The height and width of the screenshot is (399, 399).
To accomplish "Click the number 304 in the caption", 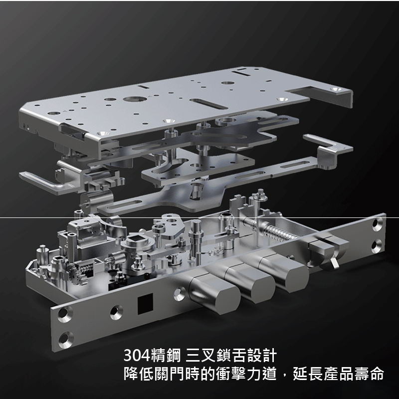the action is (x=137, y=355).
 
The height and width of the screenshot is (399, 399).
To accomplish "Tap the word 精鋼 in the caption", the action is (x=166, y=355).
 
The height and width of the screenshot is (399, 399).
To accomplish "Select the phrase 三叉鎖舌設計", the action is (x=231, y=355).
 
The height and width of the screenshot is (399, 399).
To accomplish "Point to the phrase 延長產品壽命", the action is (x=339, y=374).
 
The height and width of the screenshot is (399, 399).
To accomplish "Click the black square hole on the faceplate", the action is (x=145, y=303).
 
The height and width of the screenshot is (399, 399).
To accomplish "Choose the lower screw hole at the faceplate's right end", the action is (x=377, y=246).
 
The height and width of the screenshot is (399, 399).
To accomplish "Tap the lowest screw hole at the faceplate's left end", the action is (x=66, y=339).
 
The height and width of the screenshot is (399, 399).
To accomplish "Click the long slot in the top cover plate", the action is (x=208, y=104).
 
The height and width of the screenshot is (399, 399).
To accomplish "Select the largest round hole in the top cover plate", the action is (x=135, y=99).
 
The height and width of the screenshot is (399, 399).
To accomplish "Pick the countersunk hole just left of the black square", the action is (x=117, y=313).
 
